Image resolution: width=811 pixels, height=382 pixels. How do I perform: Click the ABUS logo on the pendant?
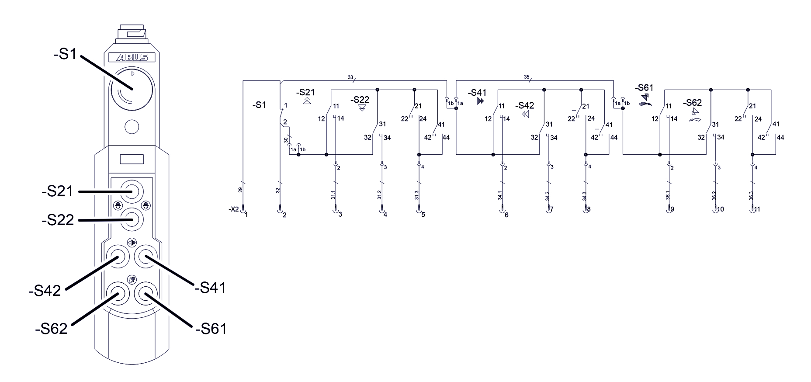132,57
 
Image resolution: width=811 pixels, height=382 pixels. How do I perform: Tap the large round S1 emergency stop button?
132,90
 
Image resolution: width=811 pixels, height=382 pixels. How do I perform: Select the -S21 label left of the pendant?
57,191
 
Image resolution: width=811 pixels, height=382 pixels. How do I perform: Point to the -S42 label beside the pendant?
45,291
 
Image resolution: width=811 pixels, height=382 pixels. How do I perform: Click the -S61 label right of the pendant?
211,328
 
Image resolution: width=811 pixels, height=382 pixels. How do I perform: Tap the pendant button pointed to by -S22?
132,219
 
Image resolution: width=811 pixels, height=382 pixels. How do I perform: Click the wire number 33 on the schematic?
350,77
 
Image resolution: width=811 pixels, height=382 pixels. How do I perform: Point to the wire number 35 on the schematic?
527,77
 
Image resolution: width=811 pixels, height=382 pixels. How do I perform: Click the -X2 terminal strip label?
234,209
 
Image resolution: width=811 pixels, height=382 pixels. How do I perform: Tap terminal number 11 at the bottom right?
757,209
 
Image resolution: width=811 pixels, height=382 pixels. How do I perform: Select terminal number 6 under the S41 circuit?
506,215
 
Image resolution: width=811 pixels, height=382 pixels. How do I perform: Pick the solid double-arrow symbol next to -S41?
481,101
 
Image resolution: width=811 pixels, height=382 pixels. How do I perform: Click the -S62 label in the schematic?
692,103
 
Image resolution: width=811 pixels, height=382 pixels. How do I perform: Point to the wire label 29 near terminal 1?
240,190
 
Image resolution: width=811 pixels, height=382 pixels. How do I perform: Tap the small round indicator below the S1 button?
132,127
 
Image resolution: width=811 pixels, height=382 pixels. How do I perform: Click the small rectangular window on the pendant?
132,159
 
